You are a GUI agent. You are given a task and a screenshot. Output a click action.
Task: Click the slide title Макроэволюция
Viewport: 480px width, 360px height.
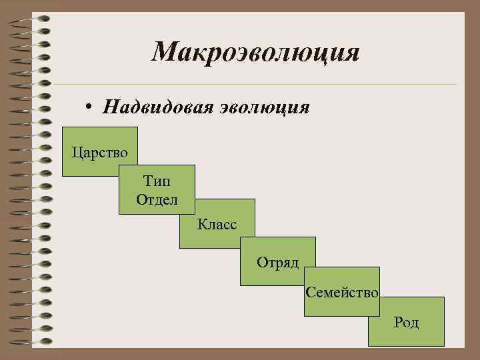click(255, 52)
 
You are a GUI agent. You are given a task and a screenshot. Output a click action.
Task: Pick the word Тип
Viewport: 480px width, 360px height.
click(157, 181)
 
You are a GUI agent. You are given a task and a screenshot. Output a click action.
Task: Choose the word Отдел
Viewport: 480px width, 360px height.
click(157, 199)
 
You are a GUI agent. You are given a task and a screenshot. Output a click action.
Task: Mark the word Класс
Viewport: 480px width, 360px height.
click(217, 224)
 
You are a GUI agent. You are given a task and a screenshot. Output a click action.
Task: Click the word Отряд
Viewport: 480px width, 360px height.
click(278, 262)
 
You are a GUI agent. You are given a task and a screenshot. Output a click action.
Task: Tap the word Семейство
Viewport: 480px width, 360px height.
click(342, 293)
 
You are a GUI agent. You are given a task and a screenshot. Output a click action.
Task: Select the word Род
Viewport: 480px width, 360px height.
click(406, 323)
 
